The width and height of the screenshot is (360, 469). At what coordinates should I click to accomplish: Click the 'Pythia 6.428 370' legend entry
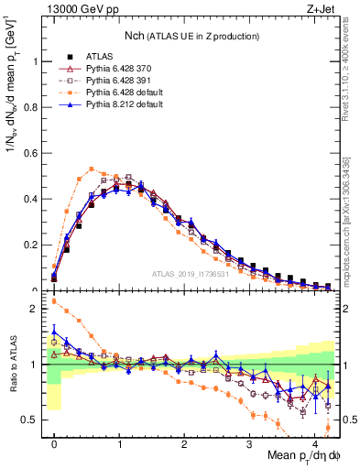[x=114, y=69]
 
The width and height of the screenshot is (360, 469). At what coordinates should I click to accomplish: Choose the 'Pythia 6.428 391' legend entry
[x=114, y=82]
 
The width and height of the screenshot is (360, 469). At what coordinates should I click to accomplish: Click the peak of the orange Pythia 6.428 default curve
[x=92, y=169]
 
